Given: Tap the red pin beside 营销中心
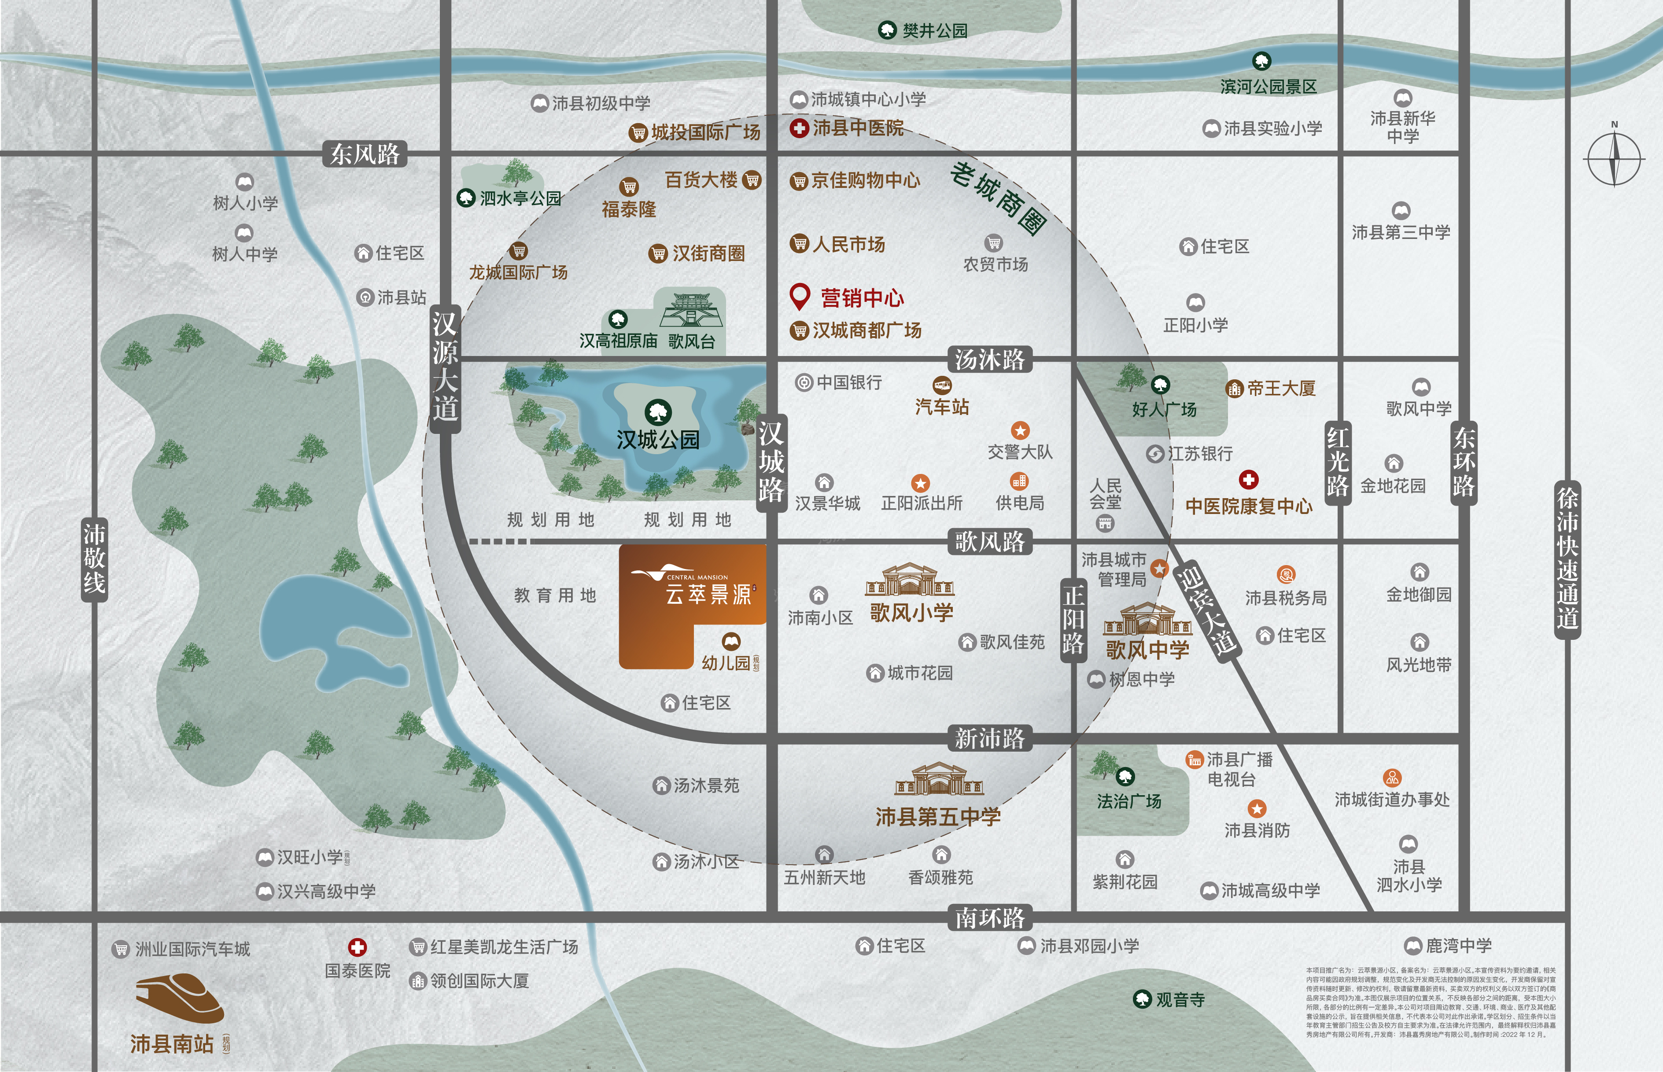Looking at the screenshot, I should click(x=800, y=297).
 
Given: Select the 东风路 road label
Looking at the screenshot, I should click(x=365, y=154).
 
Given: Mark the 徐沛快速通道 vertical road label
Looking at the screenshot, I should click(x=1567, y=559).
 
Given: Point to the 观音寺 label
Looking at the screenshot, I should click(x=1180, y=999).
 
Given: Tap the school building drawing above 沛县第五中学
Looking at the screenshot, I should click(x=939, y=780).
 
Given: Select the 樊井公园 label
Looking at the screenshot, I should click(x=935, y=31).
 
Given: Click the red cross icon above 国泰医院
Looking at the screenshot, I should click(x=357, y=947).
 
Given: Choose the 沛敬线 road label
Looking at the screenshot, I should click(x=94, y=559).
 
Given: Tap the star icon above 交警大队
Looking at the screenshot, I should click(x=1020, y=430).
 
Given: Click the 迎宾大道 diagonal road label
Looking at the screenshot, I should click(x=1206, y=610).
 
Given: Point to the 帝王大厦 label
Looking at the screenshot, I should click(x=1281, y=389).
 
